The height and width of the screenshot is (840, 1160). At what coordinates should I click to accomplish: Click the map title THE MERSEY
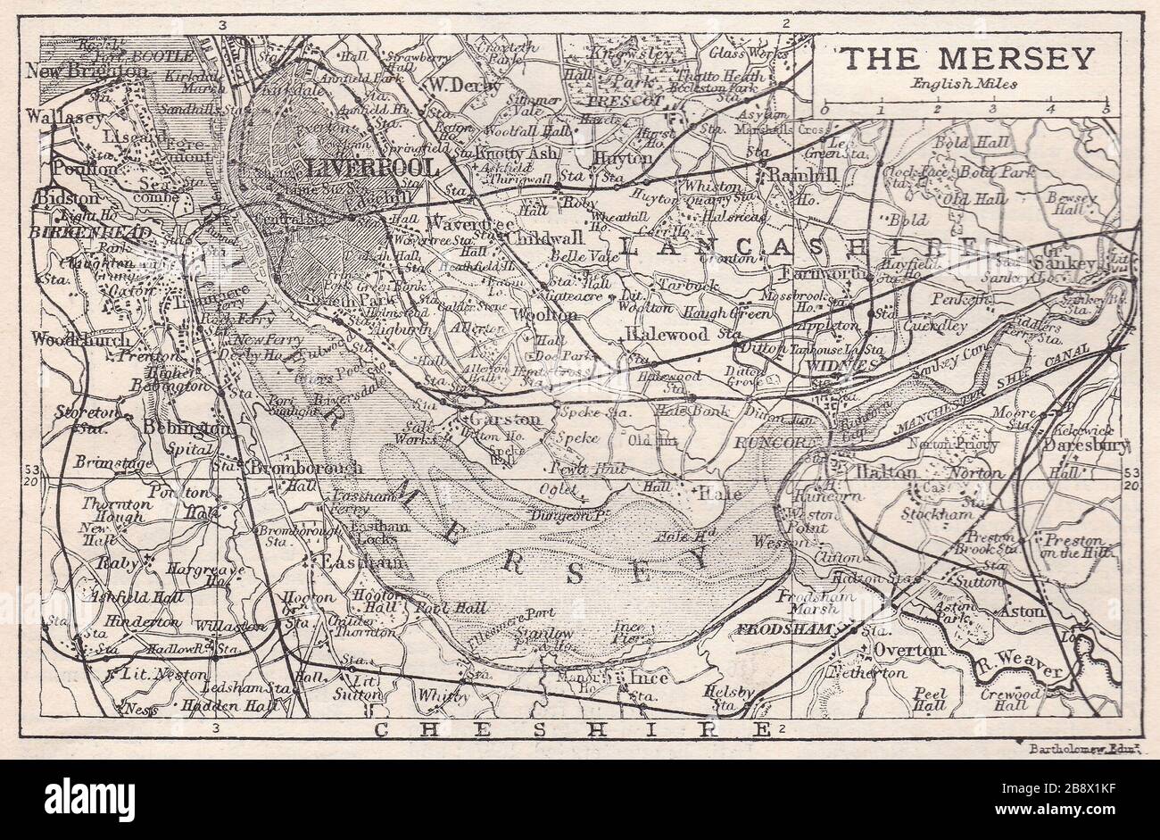(x=967, y=58)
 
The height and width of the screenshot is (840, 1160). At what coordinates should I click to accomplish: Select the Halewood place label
(x=666, y=334)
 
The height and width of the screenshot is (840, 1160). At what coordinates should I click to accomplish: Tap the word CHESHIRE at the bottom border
(x=571, y=730)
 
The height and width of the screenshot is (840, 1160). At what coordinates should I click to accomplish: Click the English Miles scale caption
(x=964, y=84)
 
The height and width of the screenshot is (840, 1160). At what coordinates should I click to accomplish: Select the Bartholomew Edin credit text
(x=1079, y=744)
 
